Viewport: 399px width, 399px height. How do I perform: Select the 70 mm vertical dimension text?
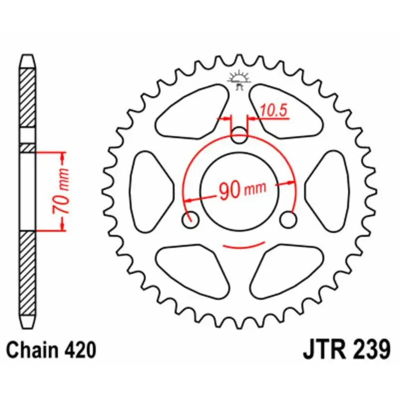pyautogui.click(x=62, y=192)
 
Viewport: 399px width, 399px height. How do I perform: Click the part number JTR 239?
pyautogui.click(x=346, y=350)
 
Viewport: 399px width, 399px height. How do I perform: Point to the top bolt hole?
pyautogui.click(x=240, y=134)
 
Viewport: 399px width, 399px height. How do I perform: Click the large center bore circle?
pyautogui.click(x=239, y=170)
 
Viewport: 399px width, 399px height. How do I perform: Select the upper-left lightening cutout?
pyautogui.click(x=192, y=110)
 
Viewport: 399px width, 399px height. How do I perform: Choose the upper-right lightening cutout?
pyautogui.click(x=287, y=110)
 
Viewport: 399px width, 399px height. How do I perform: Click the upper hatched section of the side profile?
pyautogui.click(x=27, y=97)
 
